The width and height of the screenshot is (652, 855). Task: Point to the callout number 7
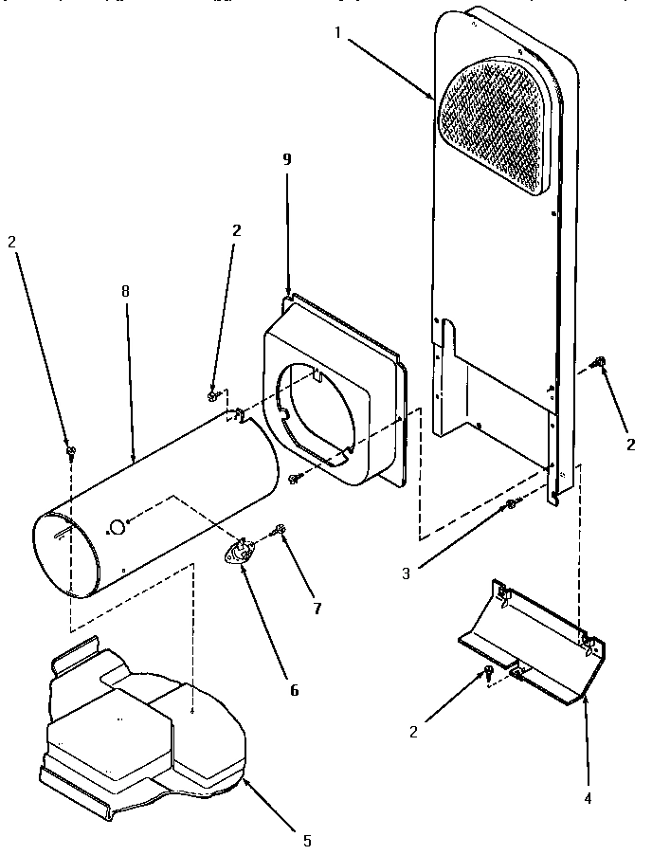point(317,609)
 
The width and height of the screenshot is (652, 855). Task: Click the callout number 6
point(294,691)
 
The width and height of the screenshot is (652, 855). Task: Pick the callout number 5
point(306,840)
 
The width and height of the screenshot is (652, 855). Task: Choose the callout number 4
point(588,798)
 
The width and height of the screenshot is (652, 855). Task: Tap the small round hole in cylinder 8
point(116,526)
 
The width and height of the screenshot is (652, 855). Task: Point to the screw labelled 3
point(512,503)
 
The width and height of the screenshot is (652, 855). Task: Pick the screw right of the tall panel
point(598,361)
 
